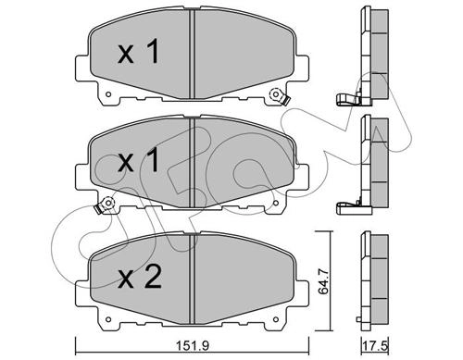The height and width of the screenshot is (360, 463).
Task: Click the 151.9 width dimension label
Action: tap(193, 345)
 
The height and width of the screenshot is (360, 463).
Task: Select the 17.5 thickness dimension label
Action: tap(376, 345)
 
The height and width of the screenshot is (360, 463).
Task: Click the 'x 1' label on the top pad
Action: tap(139, 51)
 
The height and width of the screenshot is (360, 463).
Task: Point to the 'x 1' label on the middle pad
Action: tap(139, 159)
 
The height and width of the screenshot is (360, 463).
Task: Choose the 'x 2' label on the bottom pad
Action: tap(140, 277)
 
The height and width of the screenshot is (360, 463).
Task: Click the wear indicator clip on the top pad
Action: tap(280, 96)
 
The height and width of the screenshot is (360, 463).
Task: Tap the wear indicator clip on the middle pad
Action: tap(105, 205)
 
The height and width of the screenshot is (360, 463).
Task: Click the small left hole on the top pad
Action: tap(108, 94)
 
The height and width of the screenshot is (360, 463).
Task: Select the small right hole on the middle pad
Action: tap(276, 203)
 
